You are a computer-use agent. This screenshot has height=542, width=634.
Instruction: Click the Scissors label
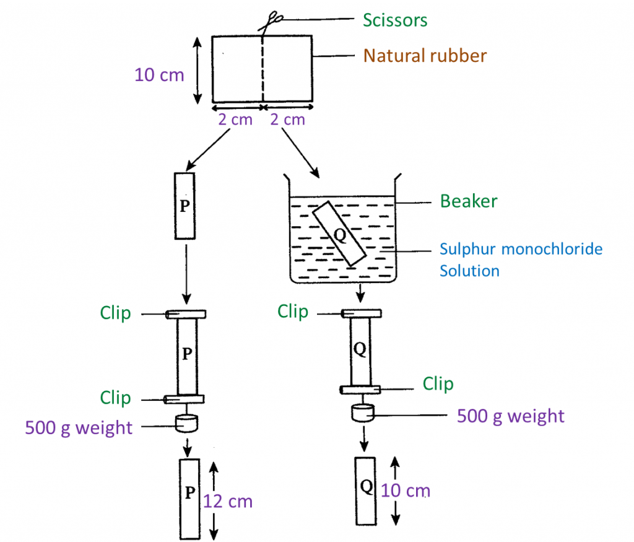pyautogui.click(x=394, y=20)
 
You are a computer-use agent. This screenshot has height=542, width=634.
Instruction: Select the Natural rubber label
pyautogui.click(x=425, y=56)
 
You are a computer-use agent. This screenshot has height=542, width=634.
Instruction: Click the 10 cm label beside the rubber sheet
pyautogui.click(x=159, y=75)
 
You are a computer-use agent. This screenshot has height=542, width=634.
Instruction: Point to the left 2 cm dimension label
pyautogui.click(x=235, y=120)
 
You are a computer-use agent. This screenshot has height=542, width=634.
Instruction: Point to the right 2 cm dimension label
pyautogui.click(x=288, y=120)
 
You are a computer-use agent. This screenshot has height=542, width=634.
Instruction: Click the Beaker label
pyautogui.click(x=469, y=201)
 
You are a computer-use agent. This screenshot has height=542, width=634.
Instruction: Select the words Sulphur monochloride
pyautogui.click(x=521, y=249)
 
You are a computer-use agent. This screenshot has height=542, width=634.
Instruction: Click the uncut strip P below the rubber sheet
pyautogui.click(x=185, y=206)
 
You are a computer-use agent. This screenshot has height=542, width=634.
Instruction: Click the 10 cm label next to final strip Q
pyautogui.click(x=406, y=491)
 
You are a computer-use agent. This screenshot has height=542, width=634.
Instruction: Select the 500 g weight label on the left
pyautogui.click(x=79, y=427)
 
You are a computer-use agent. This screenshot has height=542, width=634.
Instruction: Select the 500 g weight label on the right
pyautogui.click(x=510, y=416)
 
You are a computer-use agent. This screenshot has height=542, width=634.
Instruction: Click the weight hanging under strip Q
pyautogui.click(x=362, y=412)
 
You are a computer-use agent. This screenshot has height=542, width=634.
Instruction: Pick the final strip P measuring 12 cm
pyautogui.click(x=189, y=499)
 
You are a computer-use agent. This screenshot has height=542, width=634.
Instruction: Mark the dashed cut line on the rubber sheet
pyautogui.click(x=263, y=68)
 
